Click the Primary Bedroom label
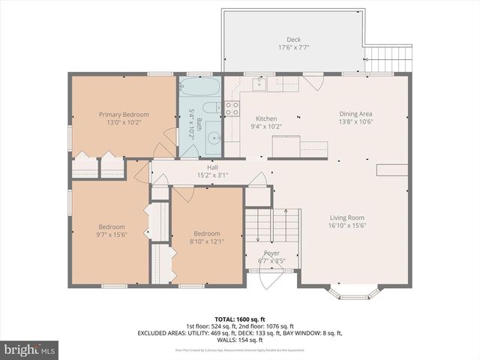[124, 114]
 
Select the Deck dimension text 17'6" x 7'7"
[293, 48]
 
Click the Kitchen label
[266, 118]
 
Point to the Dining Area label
[356, 114]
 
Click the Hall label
[212, 167]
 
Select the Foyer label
[271, 253]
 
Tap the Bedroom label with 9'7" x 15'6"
[111, 226]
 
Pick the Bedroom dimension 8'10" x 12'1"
[207, 241]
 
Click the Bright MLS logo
[30, 349]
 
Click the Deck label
[293, 40]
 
